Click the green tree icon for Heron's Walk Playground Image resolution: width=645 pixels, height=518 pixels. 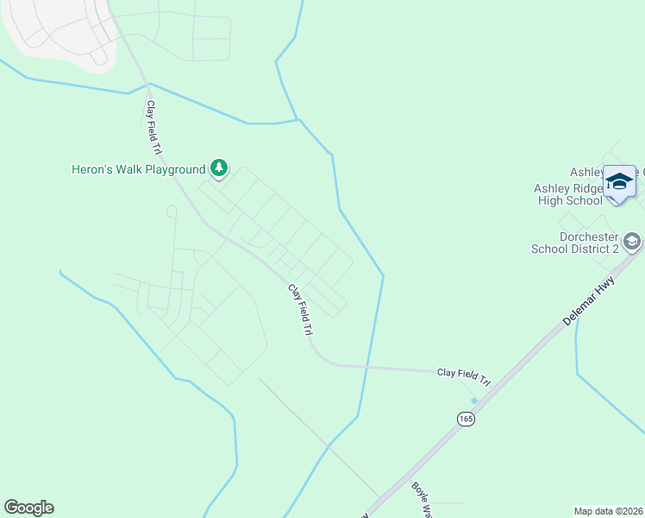219,167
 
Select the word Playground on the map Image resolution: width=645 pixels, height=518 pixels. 175,169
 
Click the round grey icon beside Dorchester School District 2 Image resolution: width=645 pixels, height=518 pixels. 633,240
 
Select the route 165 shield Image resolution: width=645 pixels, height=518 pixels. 466,419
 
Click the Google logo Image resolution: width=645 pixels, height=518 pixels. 28,508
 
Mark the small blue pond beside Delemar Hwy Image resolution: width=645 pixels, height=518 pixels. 474,400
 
